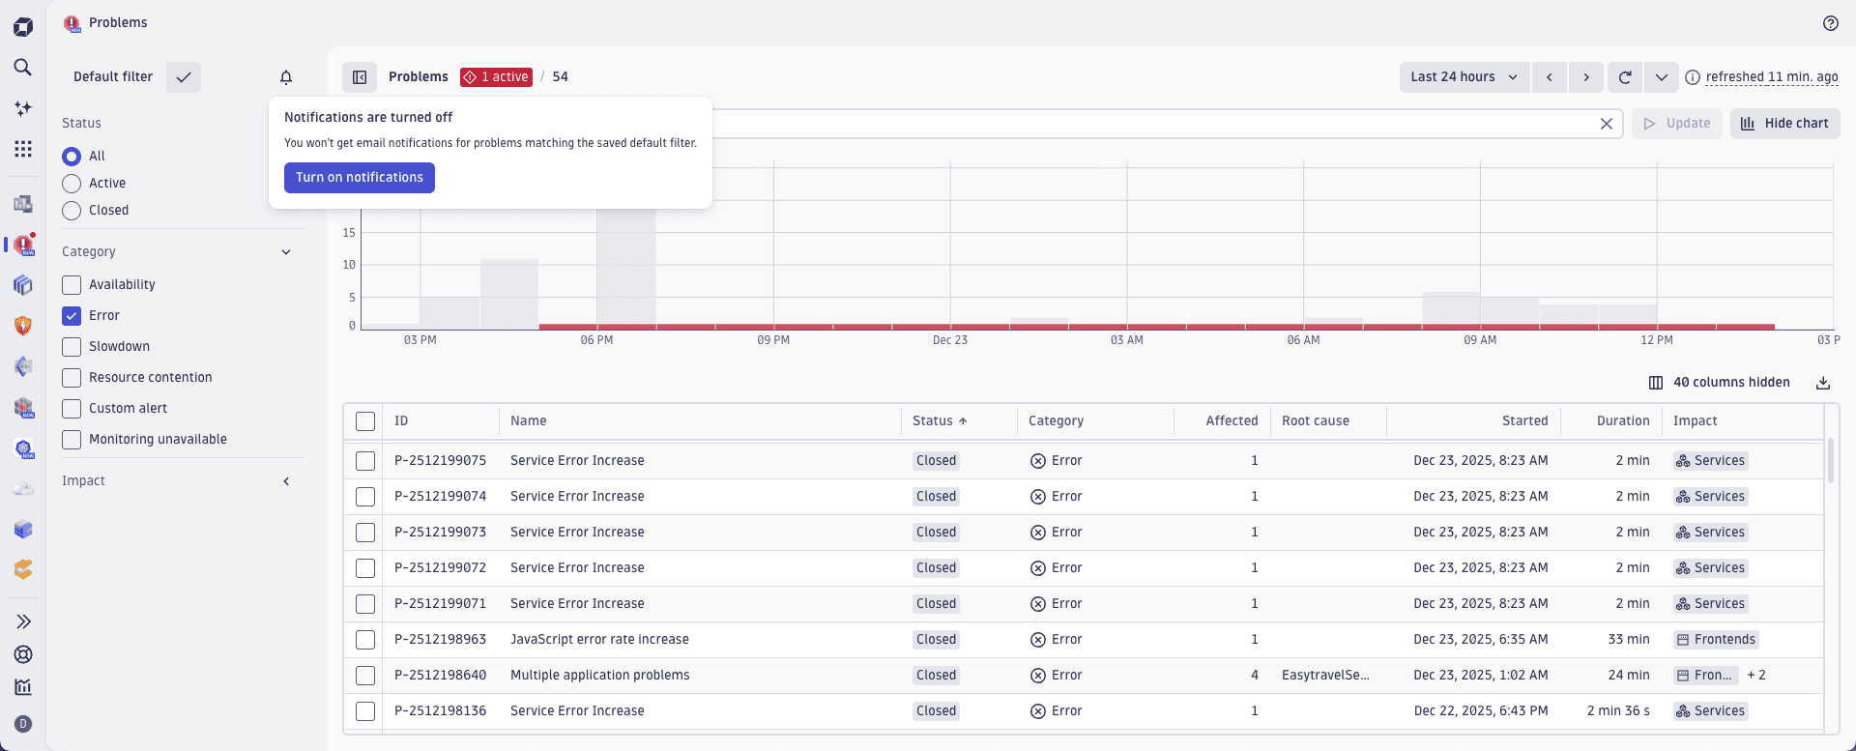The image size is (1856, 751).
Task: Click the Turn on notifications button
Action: point(359,178)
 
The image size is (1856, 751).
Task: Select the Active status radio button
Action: point(72,184)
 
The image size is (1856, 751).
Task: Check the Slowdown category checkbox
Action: point(72,347)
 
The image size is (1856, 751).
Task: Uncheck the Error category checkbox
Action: point(72,316)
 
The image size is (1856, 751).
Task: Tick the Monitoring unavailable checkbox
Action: point(72,440)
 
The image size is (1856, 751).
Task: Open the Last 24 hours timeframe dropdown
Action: point(1464,77)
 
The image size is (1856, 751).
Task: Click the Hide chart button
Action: point(1784,124)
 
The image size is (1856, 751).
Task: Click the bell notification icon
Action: point(286,77)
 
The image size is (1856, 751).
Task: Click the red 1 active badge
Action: point(496,77)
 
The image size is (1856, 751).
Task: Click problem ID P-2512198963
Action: point(440,640)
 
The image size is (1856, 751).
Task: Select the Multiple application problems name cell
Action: point(599,676)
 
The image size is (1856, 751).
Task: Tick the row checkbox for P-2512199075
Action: point(365,461)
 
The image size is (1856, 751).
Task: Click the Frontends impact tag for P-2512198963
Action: point(1716,640)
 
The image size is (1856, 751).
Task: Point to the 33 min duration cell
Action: point(1628,640)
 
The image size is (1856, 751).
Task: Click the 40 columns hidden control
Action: point(1720,383)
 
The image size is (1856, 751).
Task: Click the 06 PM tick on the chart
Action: point(596,340)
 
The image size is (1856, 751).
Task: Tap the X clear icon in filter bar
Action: point(1606,124)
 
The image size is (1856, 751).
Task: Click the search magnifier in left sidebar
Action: point(23,68)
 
